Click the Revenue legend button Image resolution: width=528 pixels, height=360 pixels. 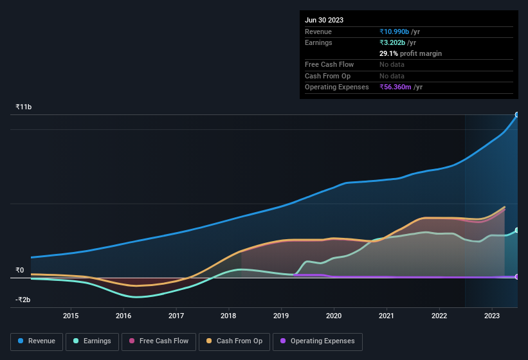pyautogui.click(x=37, y=341)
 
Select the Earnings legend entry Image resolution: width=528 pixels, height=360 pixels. pyautogui.click(x=92, y=341)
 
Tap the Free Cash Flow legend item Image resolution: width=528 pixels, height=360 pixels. pyautogui.click(x=159, y=341)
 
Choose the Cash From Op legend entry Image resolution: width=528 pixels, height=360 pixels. pyautogui.click(x=235, y=341)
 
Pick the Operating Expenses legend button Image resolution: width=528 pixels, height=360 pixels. pyautogui.click(x=318, y=341)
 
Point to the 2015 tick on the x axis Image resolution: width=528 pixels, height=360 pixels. pyautogui.click(x=71, y=316)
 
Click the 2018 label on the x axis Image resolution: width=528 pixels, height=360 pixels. pyautogui.click(x=228, y=316)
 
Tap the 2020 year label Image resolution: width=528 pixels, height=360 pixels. pyautogui.click(x=334, y=316)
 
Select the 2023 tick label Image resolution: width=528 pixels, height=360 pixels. pyautogui.click(x=492, y=316)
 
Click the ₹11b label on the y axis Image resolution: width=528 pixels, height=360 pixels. pyautogui.click(x=23, y=107)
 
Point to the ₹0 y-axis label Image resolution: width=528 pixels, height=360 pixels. pyautogui.click(x=19, y=270)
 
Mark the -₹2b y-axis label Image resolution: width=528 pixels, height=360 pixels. pyautogui.click(x=23, y=300)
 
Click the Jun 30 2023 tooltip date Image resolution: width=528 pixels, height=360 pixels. pyautogui.click(x=324, y=20)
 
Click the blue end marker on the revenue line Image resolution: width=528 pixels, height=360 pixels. pyautogui.click(x=517, y=115)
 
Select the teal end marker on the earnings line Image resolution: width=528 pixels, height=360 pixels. pyautogui.click(x=517, y=230)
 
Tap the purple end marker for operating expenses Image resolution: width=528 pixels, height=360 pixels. pyautogui.click(x=517, y=276)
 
